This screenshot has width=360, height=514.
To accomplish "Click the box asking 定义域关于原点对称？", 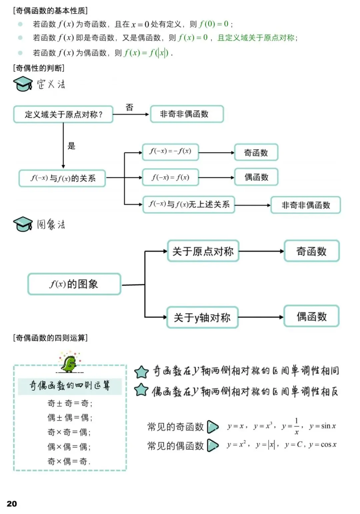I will coord(63,114).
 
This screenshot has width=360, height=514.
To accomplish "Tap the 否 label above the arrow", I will coord(129,107).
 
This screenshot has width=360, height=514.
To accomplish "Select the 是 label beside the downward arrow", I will coord(71,146).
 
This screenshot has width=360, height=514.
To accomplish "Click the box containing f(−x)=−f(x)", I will coord(170,152).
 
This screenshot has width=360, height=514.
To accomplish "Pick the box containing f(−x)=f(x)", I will coord(170,177).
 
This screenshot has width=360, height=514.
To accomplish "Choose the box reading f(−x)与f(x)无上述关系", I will coord(189,204).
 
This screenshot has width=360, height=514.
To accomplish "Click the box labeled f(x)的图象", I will coord(74,284).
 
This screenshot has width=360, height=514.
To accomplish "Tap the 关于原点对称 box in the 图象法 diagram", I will coord(203,251).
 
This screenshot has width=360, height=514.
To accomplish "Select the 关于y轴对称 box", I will coord(202,317).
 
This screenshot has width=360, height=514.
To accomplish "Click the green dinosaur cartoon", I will coord(69,363).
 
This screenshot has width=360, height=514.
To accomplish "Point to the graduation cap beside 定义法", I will coord(23,84).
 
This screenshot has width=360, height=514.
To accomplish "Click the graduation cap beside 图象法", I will coord(23,224).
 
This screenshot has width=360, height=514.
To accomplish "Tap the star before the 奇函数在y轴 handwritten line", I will coord(141,372).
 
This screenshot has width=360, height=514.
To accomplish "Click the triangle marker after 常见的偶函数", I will coord(213,445).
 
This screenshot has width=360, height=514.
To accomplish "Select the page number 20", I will coord(12,503).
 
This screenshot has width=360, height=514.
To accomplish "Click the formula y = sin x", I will coord(322,426).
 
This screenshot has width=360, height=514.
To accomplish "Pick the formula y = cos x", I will coord(323,445).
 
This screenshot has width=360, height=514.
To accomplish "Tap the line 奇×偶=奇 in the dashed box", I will coord(69,461).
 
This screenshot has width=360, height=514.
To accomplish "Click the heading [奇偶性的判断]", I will coord(39,68).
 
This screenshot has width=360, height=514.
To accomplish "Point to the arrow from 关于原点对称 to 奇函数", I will coord(261,251).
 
